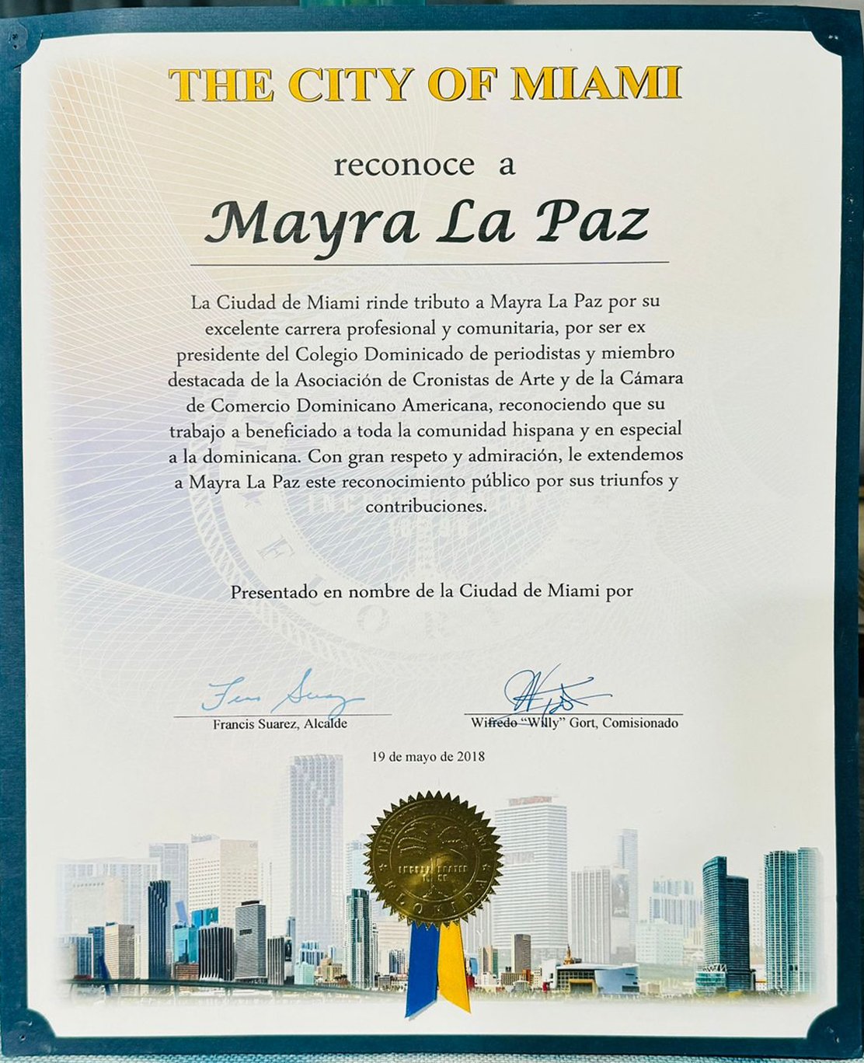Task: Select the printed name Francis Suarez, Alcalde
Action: click(279, 724)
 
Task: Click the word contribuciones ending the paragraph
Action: click(426, 507)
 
